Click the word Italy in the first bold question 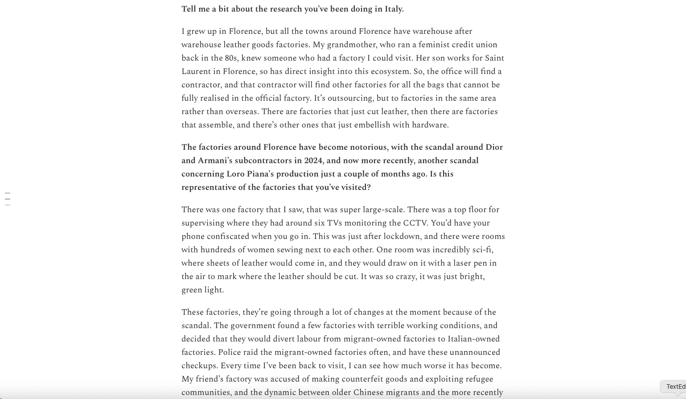click(x=393, y=9)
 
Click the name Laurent click(x=196, y=71)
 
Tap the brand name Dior click(x=493, y=147)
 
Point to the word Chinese click(x=370, y=392)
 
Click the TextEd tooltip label click(x=675, y=387)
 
